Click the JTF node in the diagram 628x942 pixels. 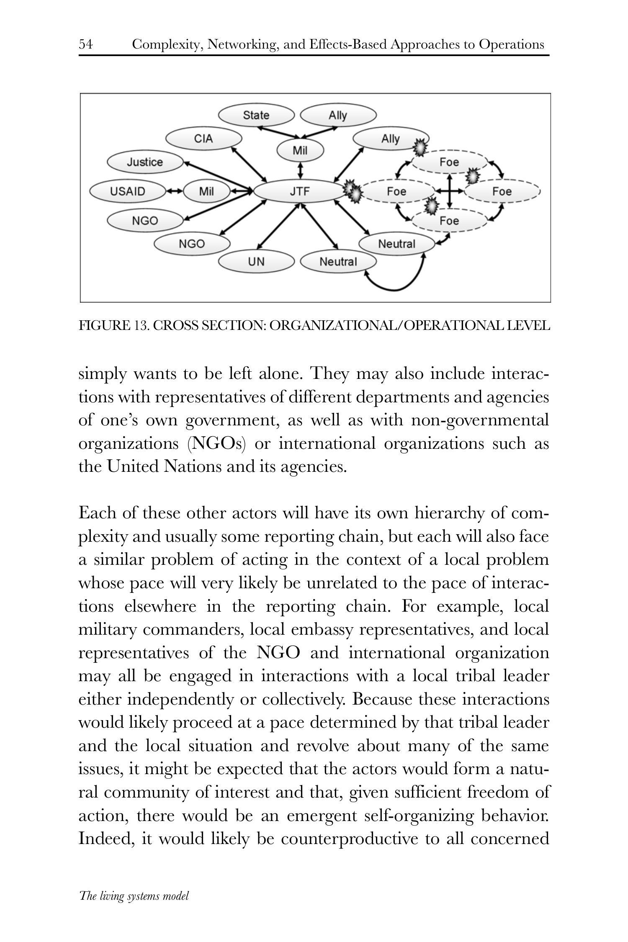coord(300,191)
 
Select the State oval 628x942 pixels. coord(256,115)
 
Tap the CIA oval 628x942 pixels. coord(203,139)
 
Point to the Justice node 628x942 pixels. coord(145,162)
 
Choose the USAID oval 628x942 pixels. coord(128,191)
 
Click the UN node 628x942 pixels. coord(256,262)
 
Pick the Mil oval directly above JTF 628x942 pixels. coord(300,151)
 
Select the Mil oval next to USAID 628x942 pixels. coord(206,191)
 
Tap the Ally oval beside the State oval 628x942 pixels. coord(338,115)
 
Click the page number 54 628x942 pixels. coord(86,44)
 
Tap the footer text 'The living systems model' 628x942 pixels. coord(134,896)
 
